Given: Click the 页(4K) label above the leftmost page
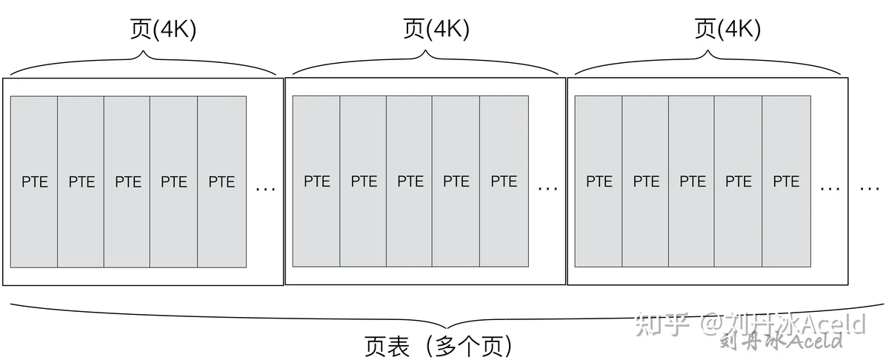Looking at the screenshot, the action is pyautogui.click(x=163, y=29).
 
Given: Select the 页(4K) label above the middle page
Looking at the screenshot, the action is pyautogui.click(x=436, y=29).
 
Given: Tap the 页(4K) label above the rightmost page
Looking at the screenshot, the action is pyautogui.click(x=727, y=29).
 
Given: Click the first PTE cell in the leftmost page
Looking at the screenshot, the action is pyautogui.click(x=34, y=181).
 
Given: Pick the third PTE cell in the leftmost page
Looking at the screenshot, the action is pyautogui.click(x=127, y=181).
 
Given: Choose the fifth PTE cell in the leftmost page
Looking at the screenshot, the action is pyautogui.click(x=222, y=181).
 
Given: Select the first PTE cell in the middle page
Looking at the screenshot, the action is pyautogui.click(x=316, y=181).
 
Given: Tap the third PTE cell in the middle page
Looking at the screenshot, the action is pyautogui.click(x=409, y=181).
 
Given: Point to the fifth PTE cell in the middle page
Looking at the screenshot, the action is pyautogui.click(x=504, y=181).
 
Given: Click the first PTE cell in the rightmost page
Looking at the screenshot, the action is pyautogui.click(x=599, y=181).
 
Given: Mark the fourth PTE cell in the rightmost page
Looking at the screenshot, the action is pyautogui.click(x=738, y=181).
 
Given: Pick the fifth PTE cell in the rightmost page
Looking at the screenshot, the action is pyautogui.click(x=786, y=181).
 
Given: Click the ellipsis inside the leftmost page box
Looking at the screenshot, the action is pyautogui.click(x=265, y=189).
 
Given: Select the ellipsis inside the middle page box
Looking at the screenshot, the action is pyautogui.click(x=547, y=189).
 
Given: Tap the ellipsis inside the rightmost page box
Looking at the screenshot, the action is pyautogui.click(x=830, y=189).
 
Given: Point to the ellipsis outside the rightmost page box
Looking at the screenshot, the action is pyautogui.click(x=869, y=189).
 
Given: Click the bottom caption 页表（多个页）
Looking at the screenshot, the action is pyautogui.click(x=438, y=346).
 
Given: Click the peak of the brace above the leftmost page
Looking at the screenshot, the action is pyautogui.click(x=144, y=52).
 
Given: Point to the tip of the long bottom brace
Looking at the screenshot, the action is pyautogui.click(x=447, y=328).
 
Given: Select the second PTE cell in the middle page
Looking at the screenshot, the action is pyautogui.click(x=363, y=181).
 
